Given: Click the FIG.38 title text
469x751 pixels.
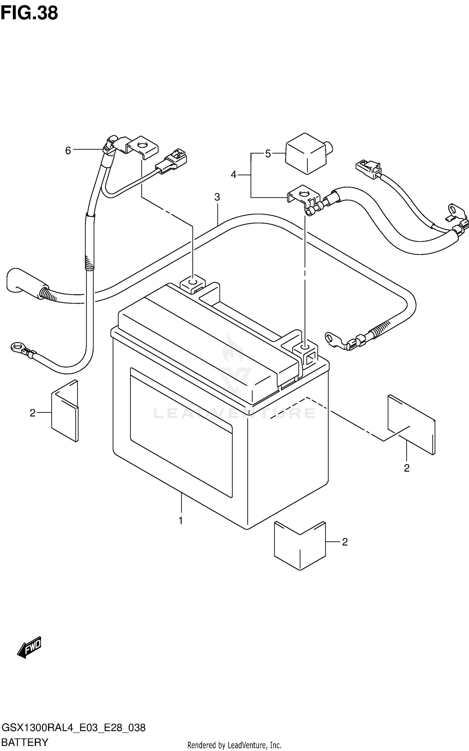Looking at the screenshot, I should (x=29, y=13).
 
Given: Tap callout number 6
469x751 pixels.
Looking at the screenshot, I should (x=68, y=151).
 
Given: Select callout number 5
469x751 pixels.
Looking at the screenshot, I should (x=268, y=154).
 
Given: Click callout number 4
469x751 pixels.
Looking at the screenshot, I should (x=234, y=175).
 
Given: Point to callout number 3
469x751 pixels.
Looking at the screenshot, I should (x=217, y=197).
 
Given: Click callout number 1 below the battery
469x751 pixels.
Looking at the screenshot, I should (x=181, y=520).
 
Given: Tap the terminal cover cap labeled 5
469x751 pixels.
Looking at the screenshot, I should (x=306, y=153).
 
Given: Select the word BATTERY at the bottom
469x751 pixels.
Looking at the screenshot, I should (x=25, y=742).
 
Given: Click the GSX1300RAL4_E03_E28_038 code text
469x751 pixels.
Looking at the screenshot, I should (x=73, y=728).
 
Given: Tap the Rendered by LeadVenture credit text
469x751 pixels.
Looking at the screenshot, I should (x=234, y=745).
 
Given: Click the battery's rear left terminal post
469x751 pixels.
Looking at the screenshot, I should (x=193, y=283).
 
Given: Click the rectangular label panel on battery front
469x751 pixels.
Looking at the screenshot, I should (x=181, y=432).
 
